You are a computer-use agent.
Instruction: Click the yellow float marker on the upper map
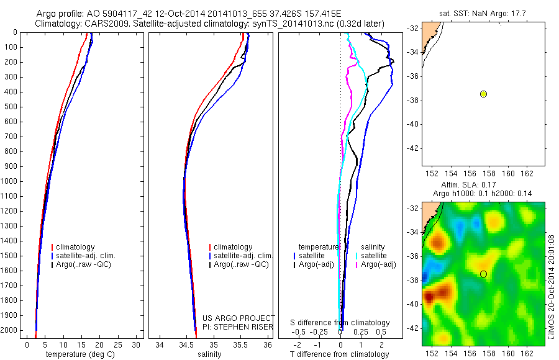click(x=483, y=94)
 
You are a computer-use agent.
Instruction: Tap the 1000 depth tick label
click(x=11, y=181)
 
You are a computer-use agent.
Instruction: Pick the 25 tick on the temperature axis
click(x=117, y=344)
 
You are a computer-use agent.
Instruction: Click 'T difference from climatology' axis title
click(x=339, y=354)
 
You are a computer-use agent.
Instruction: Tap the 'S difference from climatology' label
click(x=340, y=323)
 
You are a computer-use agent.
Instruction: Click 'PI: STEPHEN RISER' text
click(x=239, y=325)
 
